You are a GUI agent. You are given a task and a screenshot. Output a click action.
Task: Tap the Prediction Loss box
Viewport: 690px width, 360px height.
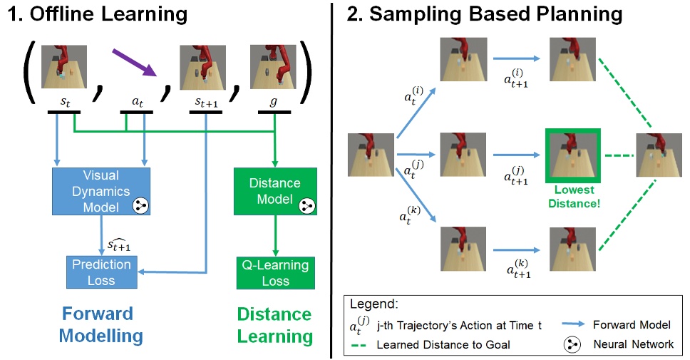tap(101, 272)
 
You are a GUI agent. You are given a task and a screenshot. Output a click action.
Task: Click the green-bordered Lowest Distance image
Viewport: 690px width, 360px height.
tap(573, 156)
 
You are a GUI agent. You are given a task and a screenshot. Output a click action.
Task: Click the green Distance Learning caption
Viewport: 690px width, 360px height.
tap(274, 325)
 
